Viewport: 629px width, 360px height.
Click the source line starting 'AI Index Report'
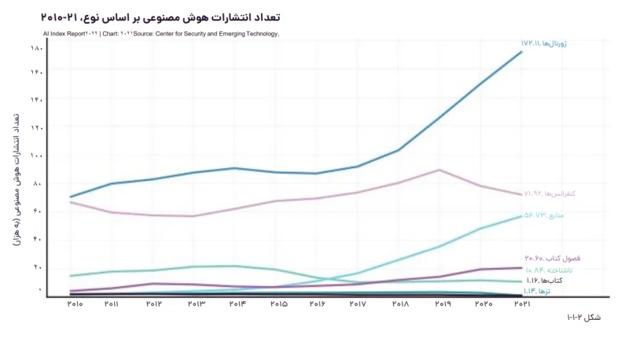(161, 34)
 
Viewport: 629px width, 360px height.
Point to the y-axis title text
(17, 178)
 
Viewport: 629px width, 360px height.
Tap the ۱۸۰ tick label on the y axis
(36, 49)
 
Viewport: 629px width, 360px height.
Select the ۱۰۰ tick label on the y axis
(36, 156)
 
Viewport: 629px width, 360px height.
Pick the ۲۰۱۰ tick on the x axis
(75, 304)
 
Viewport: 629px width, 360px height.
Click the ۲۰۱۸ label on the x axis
(400, 304)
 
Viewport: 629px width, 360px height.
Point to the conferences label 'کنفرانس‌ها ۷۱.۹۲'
(550, 193)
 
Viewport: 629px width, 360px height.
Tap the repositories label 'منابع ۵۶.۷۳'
(545, 215)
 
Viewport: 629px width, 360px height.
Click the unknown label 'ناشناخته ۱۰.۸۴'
(550, 270)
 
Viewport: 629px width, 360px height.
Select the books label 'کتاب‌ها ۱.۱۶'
(543, 281)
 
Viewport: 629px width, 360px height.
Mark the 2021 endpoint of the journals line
(521, 52)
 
